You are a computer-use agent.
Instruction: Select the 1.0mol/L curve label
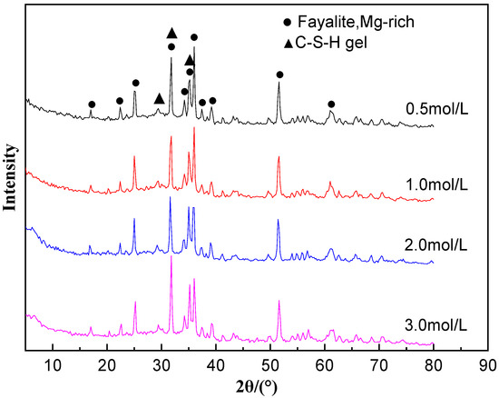tap(437, 185)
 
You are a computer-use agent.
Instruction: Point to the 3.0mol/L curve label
tap(437, 326)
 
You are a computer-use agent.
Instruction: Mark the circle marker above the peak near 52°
tap(279, 75)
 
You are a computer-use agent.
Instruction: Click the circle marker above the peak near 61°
tap(331, 104)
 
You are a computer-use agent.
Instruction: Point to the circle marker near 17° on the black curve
tap(91, 104)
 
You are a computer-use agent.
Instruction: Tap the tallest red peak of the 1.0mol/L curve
tap(194, 128)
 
